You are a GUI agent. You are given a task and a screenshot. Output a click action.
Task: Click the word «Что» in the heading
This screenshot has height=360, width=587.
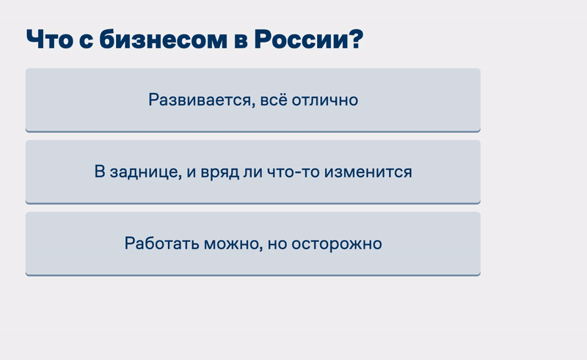pyautogui.click(x=49, y=40)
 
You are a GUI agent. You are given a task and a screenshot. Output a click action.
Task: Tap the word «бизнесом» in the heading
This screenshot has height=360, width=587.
pyautogui.click(x=163, y=40)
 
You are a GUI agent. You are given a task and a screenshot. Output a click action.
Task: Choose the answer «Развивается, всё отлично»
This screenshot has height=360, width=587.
pyautogui.click(x=253, y=100)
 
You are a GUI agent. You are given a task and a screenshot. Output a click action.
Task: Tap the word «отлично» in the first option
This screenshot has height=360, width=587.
pyautogui.click(x=325, y=100)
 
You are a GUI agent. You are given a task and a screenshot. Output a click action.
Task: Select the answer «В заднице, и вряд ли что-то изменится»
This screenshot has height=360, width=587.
pyautogui.click(x=253, y=172)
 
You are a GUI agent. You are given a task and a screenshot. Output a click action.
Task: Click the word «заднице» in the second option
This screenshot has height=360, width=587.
pyautogui.click(x=145, y=172)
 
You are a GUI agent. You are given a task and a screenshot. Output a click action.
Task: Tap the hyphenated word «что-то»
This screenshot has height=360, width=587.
pyautogui.click(x=293, y=172)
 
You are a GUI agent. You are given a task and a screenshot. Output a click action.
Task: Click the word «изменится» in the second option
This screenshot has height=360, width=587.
pyautogui.click(x=368, y=172)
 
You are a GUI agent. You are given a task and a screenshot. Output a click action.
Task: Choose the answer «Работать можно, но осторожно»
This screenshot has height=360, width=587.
pyautogui.click(x=253, y=243)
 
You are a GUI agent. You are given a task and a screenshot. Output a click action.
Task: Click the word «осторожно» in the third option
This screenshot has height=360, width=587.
pyautogui.click(x=337, y=244)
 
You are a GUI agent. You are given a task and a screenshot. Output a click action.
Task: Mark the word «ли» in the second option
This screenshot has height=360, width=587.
pyautogui.click(x=252, y=172)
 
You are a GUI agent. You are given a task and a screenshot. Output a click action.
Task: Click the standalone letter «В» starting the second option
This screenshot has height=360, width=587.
pyautogui.click(x=100, y=172)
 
